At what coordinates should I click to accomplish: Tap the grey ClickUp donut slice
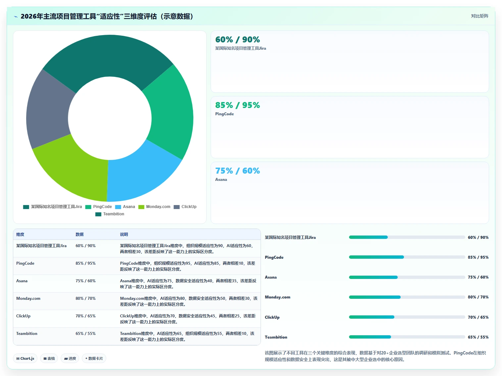tap(48, 110)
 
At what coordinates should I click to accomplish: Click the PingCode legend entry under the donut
tap(99, 207)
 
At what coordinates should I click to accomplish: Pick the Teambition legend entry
tap(110, 214)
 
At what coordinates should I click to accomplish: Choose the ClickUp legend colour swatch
tap(176, 207)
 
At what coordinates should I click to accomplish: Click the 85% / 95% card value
tap(237, 105)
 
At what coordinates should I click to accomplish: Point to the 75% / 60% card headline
tap(237, 171)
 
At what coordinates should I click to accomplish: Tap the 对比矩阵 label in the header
tap(479, 16)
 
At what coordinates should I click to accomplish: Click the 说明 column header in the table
tap(124, 235)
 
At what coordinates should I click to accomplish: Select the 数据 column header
tap(79, 235)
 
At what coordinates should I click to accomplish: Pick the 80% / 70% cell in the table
tap(85, 298)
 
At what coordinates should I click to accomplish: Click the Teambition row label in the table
tap(27, 334)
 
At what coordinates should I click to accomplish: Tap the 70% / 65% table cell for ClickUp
tap(85, 316)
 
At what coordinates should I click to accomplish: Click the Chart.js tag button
tap(25, 358)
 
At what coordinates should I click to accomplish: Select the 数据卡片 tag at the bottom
tap(94, 358)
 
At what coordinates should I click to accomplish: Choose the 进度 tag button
tap(70, 358)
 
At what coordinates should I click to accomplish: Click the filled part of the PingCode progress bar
tap(376, 257)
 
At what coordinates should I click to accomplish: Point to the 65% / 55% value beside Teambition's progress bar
tap(478, 337)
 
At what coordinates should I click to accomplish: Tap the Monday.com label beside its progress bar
tap(277, 297)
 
